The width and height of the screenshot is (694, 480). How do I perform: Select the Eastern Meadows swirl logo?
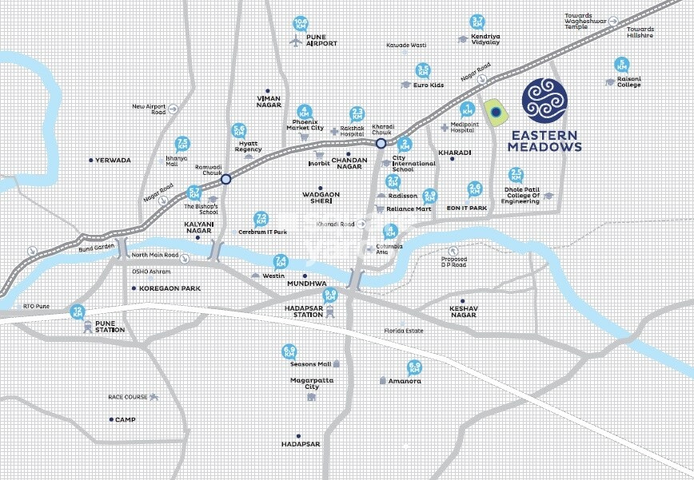click(x=544, y=99)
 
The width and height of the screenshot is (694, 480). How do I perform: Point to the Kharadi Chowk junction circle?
click(x=381, y=144)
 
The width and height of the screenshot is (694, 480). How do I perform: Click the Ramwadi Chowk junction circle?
click(x=226, y=180)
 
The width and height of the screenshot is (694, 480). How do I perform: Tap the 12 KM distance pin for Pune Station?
click(x=78, y=311)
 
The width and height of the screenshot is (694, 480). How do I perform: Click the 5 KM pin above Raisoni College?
click(x=621, y=65)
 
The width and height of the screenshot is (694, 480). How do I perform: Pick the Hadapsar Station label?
click(x=308, y=310)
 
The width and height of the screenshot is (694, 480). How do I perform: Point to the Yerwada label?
click(x=113, y=161)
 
